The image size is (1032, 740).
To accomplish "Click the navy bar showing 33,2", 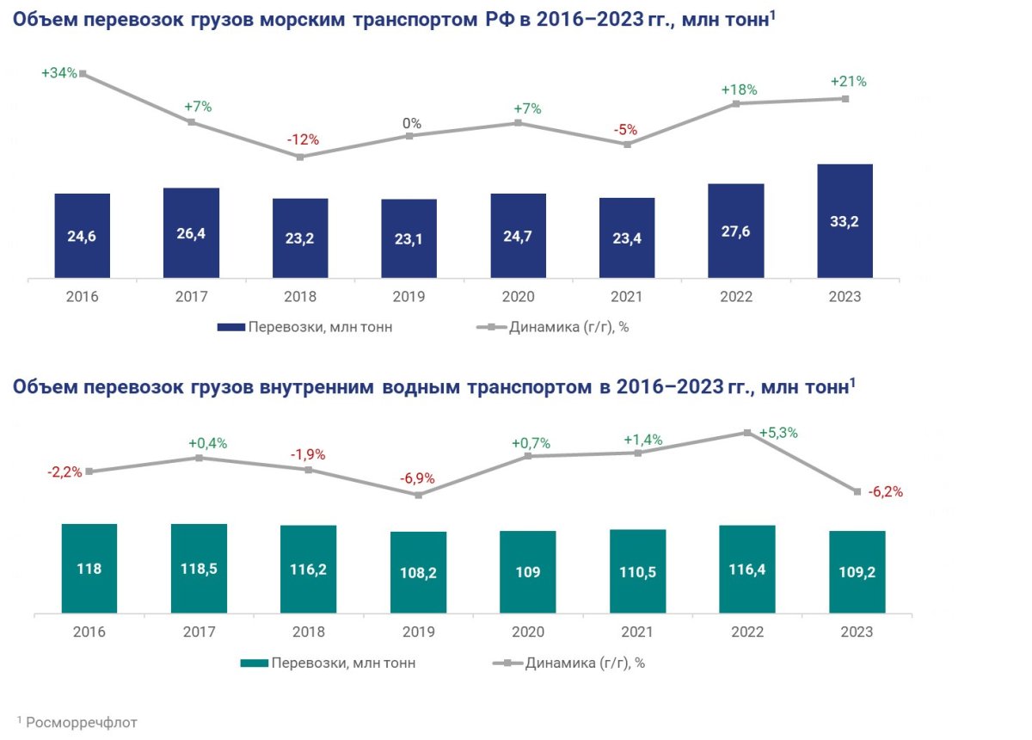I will [845, 221].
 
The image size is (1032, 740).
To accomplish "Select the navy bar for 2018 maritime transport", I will [300, 238].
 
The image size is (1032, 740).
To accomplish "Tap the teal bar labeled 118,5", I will [199, 569].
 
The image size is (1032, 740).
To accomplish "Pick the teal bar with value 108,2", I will [418, 573].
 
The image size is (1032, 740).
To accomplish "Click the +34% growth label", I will [59, 74].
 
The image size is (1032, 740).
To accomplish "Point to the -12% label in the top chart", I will [303, 139].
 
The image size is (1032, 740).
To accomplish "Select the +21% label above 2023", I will [848, 82].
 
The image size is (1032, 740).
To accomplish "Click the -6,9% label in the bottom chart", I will [417, 478].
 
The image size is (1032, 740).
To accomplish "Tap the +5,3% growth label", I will [778, 433].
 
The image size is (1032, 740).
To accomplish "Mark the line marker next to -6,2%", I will [857, 491].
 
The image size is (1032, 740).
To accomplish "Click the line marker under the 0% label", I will [410, 136].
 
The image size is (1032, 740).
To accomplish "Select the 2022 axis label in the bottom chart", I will [746, 632].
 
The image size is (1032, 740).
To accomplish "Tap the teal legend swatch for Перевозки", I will [253, 663].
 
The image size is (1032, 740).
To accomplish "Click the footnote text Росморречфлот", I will [82, 722].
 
